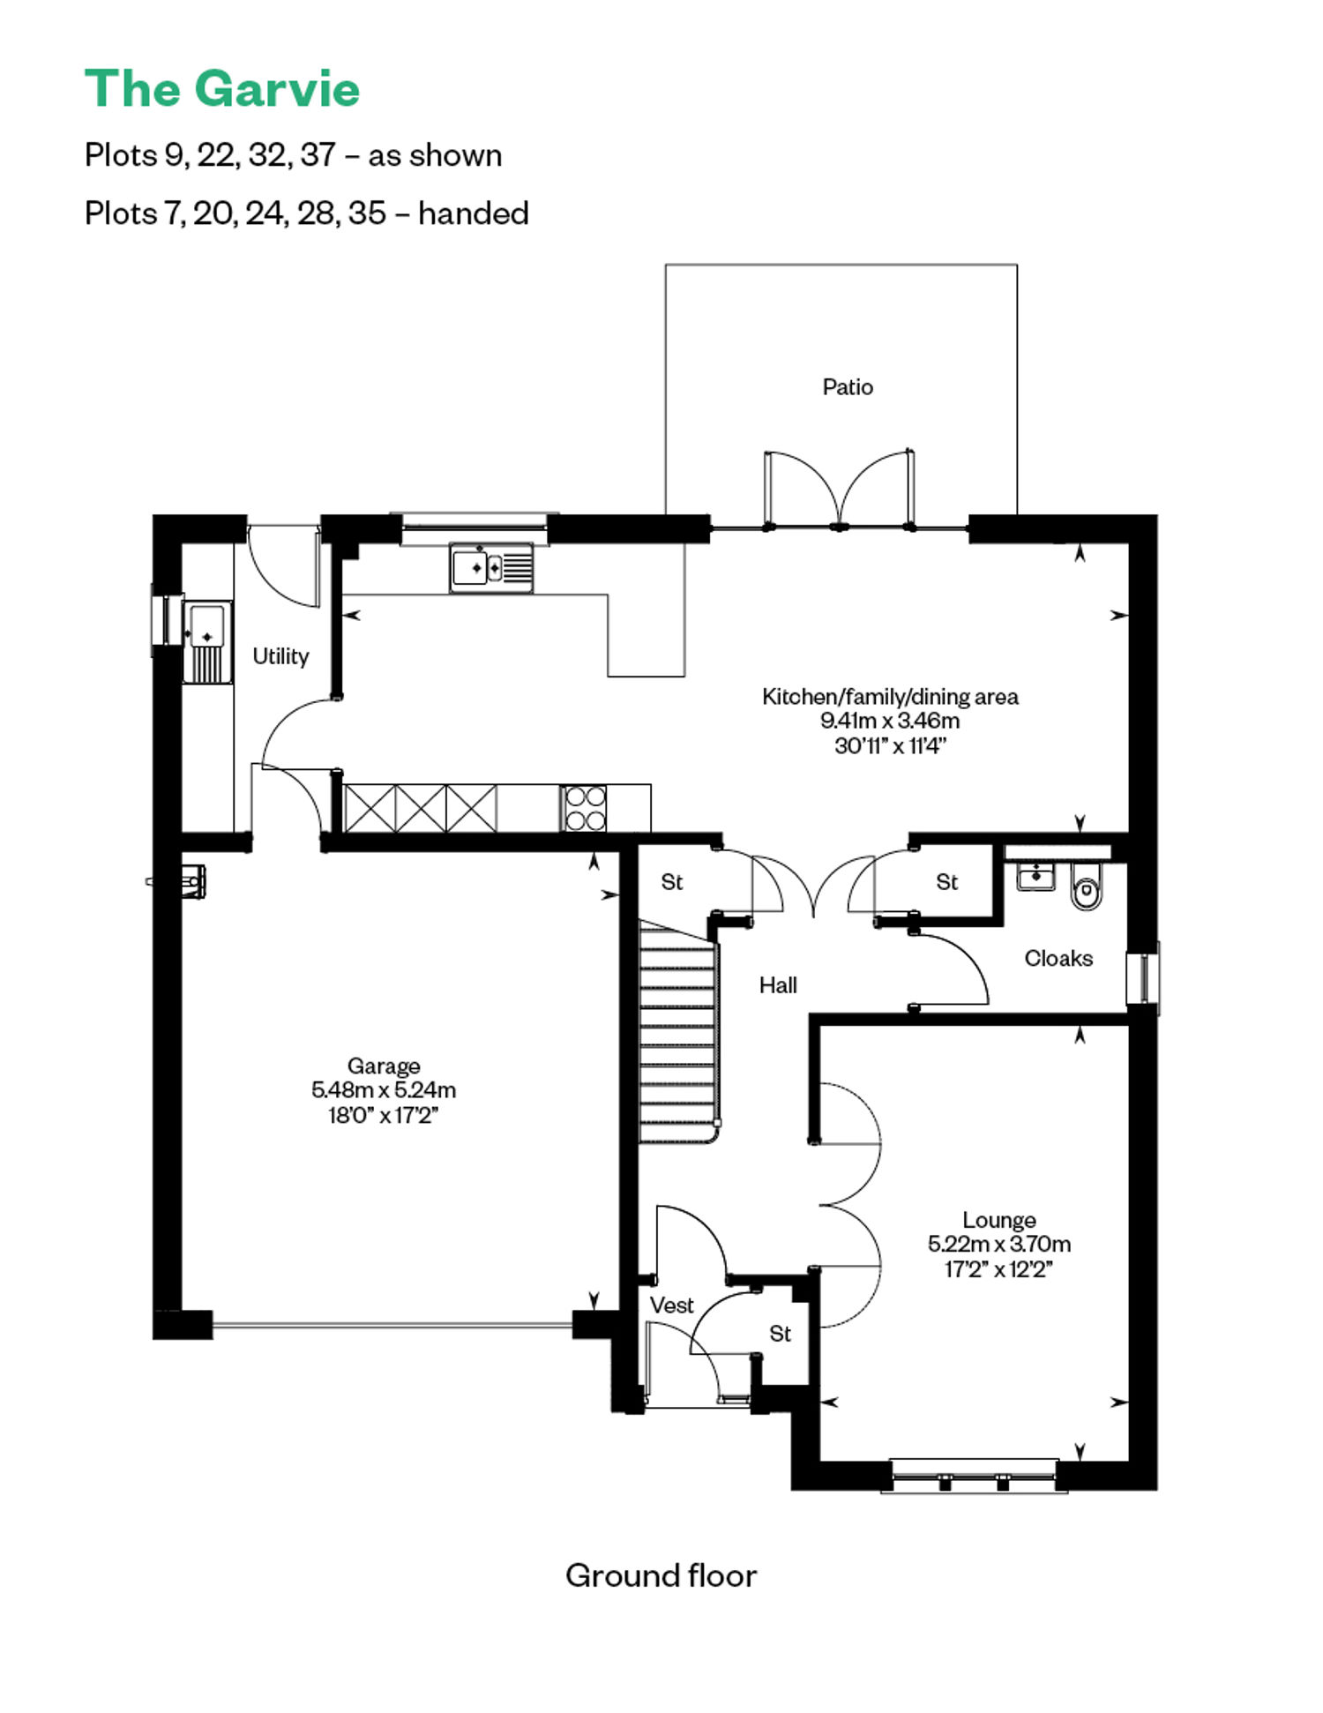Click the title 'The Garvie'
point(222,89)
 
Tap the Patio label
point(848,387)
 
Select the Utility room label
point(280,656)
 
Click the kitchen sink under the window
point(491,567)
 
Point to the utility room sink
point(208,641)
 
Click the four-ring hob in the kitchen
point(584,808)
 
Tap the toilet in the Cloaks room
point(1087,887)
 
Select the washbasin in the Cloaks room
point(1035,878)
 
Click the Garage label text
point(384,1066)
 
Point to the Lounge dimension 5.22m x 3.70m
point(999,1245)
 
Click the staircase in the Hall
point(678,1032)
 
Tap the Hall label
point(778,985)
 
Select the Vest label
point(672,1305)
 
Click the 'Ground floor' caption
point(661,1575)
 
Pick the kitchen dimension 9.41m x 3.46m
point(890,721)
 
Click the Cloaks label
point(1058,958)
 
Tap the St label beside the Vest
point(780,1334)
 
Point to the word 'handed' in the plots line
point(474,213)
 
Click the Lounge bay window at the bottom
point(975,1476)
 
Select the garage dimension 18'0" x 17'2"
point(384,1116)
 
